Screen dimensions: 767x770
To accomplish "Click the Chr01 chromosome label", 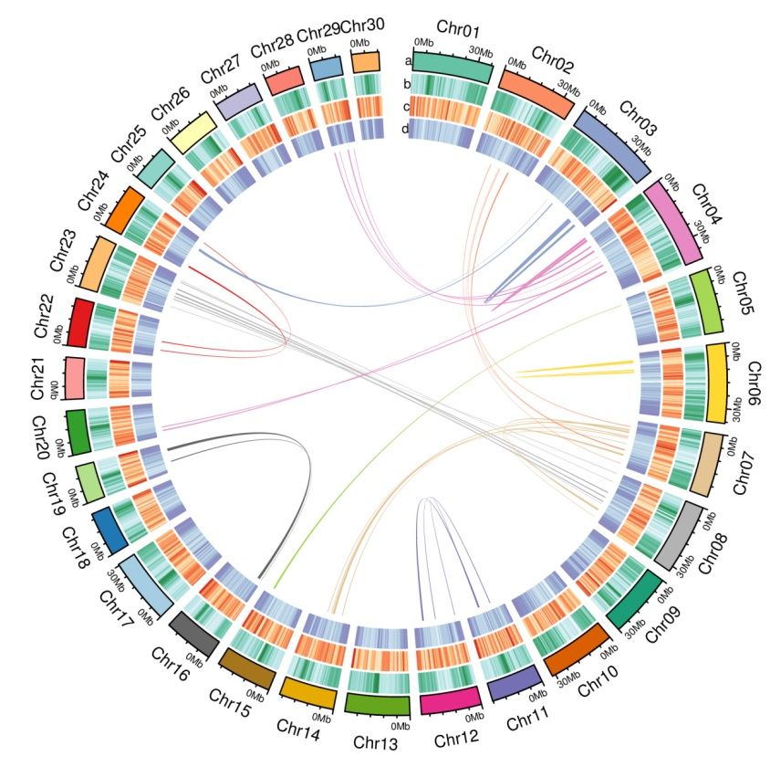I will [463, 31].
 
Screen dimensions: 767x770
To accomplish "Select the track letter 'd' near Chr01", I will [405, 130].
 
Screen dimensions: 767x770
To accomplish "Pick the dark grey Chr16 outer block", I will [193, 635].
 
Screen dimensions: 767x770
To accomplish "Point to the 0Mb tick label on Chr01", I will [424, 43].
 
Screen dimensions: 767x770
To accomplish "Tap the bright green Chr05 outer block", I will [707, 299].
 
